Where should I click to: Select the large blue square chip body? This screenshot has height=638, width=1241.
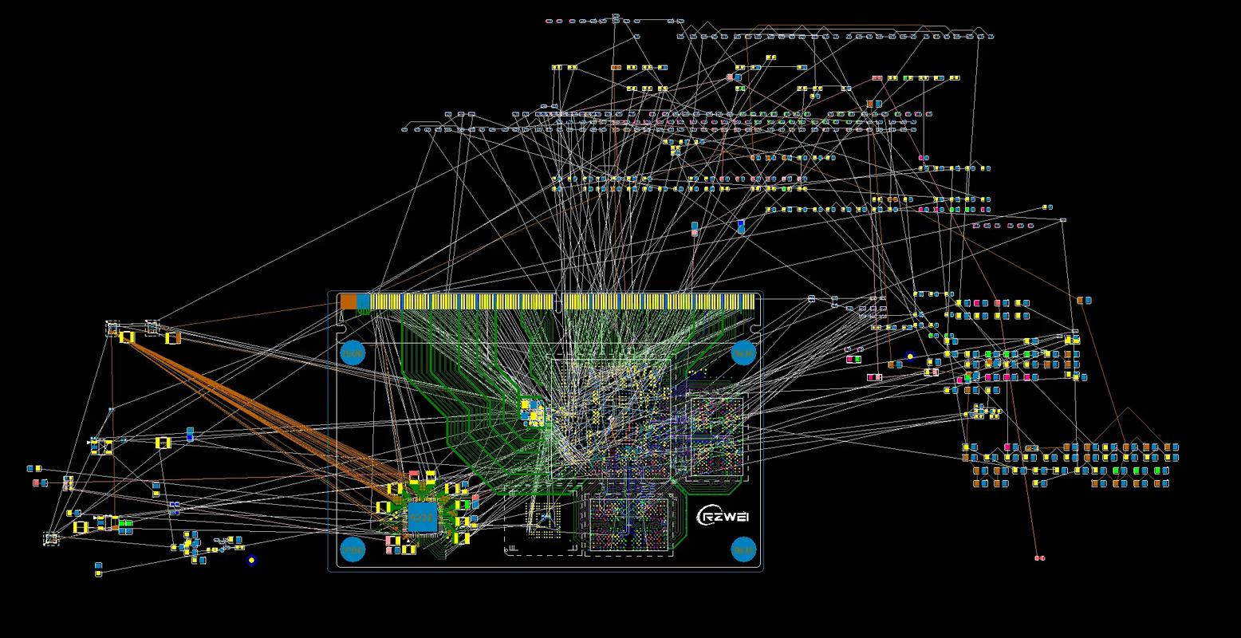pyautogui.click(x=422, y=517)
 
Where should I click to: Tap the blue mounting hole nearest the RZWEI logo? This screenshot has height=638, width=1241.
pyautogui.click(x=743, y=549)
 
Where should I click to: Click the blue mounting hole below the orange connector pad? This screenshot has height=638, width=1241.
pyautogui.click(x=353, y=352)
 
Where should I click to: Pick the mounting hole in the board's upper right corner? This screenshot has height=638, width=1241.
pyautogui.click(x=743, y=352)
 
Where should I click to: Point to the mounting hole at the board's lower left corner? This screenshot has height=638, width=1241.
pyautogui.click(x=353, y=549)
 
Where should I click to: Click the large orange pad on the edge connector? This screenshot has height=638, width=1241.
pyautogui.click(x=349, y=301)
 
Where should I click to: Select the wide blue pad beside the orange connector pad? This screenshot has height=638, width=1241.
pyautogui.click(x=364, y=301)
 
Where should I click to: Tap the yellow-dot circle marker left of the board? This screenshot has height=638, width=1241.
pyautogui.click(x=251, y=560)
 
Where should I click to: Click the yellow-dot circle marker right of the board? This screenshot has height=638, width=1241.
pyautogui.click(x=910, y=356)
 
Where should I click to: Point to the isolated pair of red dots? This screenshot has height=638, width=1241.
pyautogui.click(x=1038, y=558)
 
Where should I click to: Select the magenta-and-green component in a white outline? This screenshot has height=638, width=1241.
pyautogui.click(x=854, y=360)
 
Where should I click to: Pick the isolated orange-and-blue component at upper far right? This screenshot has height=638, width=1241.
pyautogui.click(x=1083, y=301)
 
